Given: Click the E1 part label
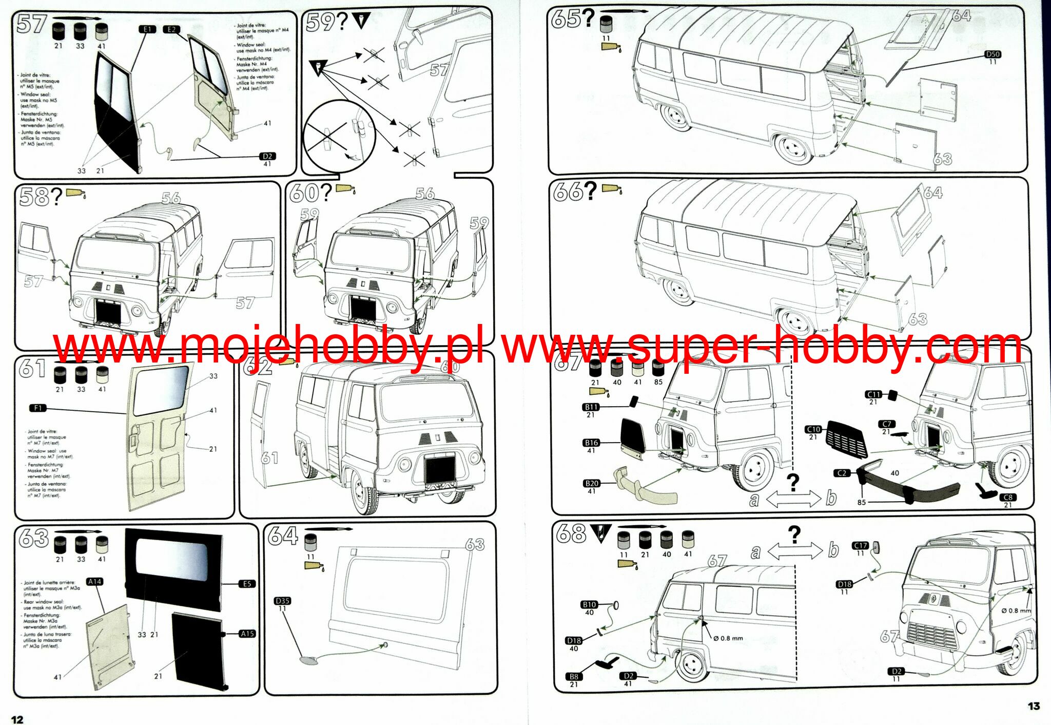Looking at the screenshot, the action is coord(147,29).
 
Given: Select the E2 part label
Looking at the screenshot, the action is coord(171,29).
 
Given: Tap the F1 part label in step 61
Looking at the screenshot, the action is coord(38,408).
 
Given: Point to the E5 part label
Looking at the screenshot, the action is coord(247,584).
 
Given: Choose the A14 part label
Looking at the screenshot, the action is coord(95,582).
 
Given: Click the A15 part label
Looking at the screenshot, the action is coord(247,634).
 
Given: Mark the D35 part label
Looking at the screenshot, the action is coord(282,600).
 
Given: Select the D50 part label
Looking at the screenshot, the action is coord(992,54).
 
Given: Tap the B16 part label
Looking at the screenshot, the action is coord(591,443).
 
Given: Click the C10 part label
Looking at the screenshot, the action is coord(813,429).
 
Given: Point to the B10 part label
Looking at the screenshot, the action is coord(589,604).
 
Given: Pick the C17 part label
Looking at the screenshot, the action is coord(860,545).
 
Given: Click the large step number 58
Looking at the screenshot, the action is coord(34,197).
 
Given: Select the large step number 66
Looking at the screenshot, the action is coord(567,192).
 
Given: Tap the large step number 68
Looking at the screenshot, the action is coord(571,534).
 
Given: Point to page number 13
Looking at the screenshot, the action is coord(1034,706).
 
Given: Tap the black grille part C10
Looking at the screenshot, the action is coord(847,439).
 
